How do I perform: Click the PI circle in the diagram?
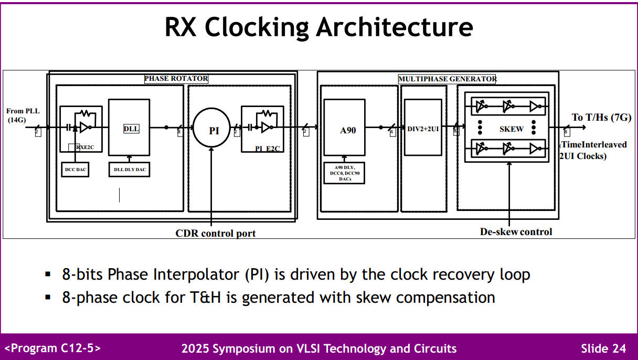(x=213, y=131)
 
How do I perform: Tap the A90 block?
(x=344, y=129)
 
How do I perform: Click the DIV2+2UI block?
(x=423, y=128)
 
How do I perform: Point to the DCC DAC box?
(x=75, y=170)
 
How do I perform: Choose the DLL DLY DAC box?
(x=129, y=170)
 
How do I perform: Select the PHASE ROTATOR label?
(x=176, y=79)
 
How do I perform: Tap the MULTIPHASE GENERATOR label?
(x=447, y=79)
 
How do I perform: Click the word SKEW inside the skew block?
(x=511, y=129)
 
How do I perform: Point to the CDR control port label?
(x=215, y=233)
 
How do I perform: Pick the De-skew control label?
(x=516, y=231)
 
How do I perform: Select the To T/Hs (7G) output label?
(x=601, y=117)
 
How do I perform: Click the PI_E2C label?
(x=268, y=149)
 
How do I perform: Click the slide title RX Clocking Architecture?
(x=318, y=27)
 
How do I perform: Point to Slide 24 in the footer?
(x=603, y=348)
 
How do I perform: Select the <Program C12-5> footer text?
(x=53, y=348)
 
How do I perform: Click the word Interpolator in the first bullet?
(x=196, y=274)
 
